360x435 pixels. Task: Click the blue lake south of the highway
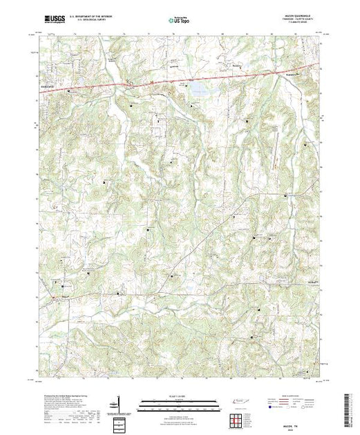pos(199,88)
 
